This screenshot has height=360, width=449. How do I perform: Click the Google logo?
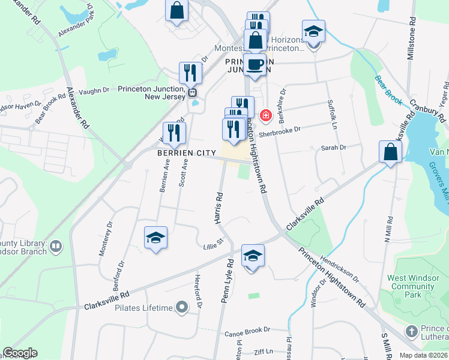[20, 353]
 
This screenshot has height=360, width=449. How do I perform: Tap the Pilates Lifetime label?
[143, 308]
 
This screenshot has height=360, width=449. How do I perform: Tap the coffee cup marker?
[255, 65]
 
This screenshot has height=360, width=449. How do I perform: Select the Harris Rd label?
[219, 208]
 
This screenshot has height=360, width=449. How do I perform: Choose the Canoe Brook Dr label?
[248, 330]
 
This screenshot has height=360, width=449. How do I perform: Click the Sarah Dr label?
[334, 148]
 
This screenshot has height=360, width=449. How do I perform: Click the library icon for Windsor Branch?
[55, 245]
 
